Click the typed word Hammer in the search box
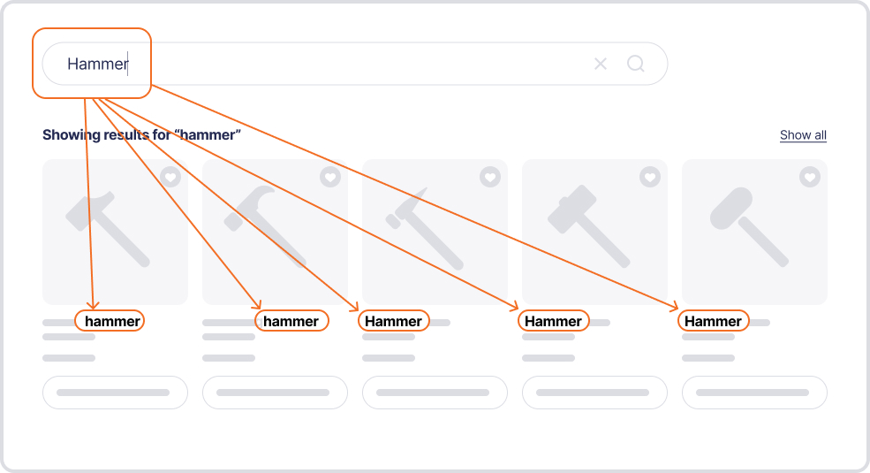(98, 64)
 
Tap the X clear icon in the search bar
(601, 64)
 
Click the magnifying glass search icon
(636, 64)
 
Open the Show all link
(803, 135)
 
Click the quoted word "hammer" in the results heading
(208, 135)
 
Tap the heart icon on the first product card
(170, 177)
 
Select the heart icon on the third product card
(490, 177)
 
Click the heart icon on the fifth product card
(810, 177)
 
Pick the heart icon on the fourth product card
(650, 177)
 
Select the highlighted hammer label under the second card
(291, 321)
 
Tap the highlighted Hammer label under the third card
(393, 321)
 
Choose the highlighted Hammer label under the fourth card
(553, 321)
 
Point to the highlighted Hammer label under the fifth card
(713, 321)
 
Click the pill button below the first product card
(115, 393)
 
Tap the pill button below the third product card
(435, 393)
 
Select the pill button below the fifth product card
(754, 393)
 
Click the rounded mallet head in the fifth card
(731, 208)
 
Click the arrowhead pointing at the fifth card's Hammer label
(674, 307)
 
